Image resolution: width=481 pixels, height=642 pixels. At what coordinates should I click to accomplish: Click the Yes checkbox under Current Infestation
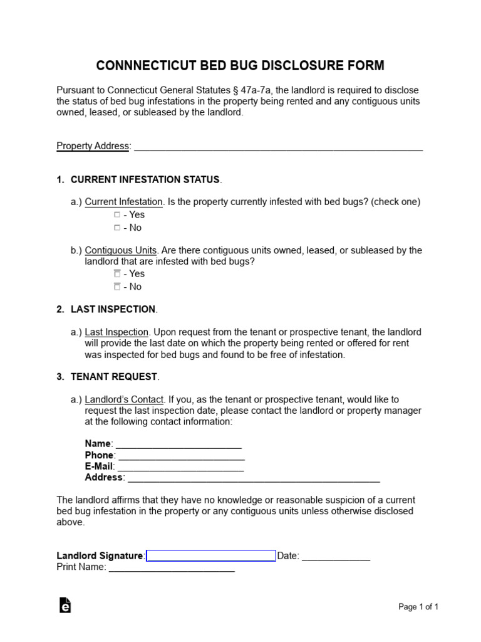[x=117, y=215]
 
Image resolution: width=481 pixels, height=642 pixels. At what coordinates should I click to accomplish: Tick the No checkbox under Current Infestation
[x=117, y=228]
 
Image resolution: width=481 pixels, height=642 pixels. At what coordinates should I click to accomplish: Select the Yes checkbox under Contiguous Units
[x=117, y=274]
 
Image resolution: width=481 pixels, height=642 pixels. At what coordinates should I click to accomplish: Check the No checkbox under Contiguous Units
[x=117, y=287]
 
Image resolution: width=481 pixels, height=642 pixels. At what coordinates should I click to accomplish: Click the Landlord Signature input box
[x=210, y=555]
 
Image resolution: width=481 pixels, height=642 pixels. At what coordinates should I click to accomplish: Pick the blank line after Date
[x=336, y=557]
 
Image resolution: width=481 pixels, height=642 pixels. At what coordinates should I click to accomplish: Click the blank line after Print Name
[x=172, y=568]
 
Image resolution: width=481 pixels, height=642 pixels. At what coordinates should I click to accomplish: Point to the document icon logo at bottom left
[x=65, y=605]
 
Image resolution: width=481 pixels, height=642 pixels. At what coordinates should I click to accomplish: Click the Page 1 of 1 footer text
[x=418, y=606]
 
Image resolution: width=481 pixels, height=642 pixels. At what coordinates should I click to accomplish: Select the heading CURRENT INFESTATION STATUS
[x=145, y=180]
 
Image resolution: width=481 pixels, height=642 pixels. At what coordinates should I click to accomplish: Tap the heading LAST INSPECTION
[x=113, y=309]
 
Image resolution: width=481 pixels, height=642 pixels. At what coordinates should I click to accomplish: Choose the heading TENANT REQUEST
[x=114, y=377]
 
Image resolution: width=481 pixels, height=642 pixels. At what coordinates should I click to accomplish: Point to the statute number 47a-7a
[x=255, y=90]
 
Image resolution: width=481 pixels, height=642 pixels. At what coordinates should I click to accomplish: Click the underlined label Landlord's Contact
[x=124, y=399]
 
